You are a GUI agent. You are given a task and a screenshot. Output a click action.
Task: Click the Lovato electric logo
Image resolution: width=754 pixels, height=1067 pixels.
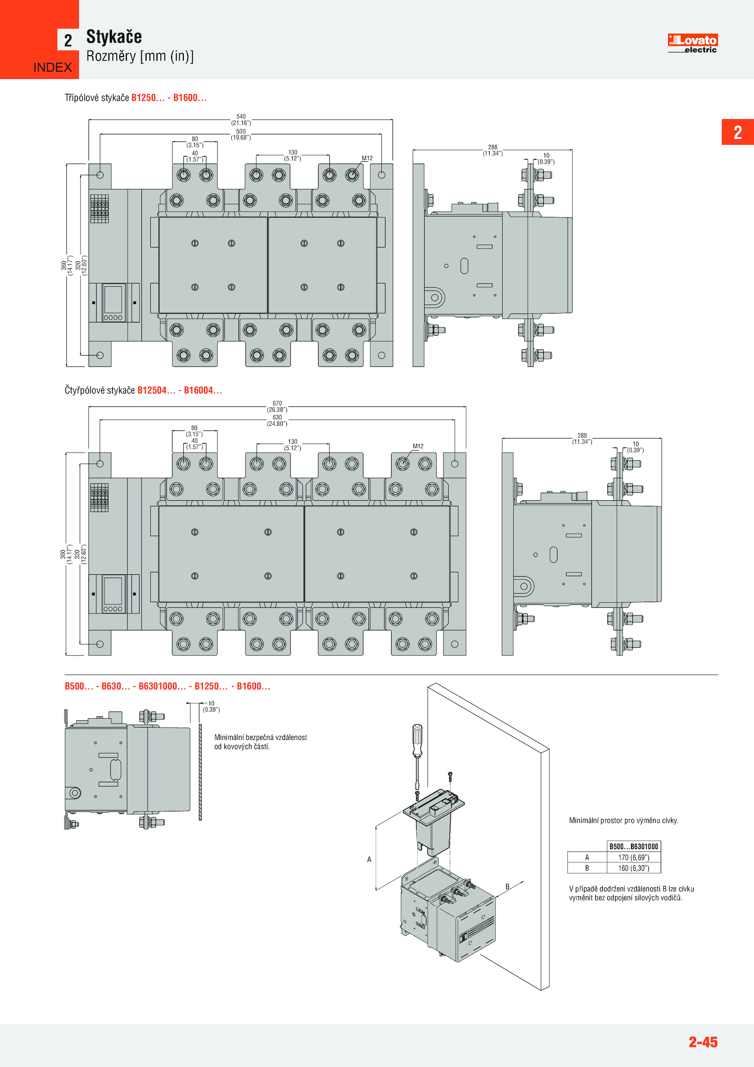coord(692,43)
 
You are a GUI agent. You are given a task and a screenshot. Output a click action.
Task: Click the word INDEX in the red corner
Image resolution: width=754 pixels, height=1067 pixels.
coord(52,67)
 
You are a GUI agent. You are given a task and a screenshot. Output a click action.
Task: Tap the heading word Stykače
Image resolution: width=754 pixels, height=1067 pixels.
coord(114,37)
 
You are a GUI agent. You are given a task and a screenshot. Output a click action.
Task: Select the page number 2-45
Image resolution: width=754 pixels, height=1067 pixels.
coord(703,1042)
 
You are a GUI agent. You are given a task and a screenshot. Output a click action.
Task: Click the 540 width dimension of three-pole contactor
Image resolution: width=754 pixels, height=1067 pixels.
coord(241,116)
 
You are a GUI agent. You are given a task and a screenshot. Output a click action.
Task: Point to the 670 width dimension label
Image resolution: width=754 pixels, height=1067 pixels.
coord(277,404)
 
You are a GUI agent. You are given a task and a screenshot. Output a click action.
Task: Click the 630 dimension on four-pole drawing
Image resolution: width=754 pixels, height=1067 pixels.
coord(277,417)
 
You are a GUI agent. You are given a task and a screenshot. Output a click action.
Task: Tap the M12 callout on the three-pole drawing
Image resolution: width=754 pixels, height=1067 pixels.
coord(367,158)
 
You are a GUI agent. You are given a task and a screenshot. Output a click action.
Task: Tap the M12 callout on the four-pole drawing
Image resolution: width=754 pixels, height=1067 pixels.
coord(418,446)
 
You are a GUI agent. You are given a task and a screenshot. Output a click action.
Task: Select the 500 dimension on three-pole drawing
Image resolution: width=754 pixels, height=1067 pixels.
coord(241,132)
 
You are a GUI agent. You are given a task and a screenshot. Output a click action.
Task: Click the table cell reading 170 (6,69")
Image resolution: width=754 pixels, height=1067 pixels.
coord(633,858)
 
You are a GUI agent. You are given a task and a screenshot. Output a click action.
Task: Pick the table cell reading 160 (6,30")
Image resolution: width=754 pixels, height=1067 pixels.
coord(633,868)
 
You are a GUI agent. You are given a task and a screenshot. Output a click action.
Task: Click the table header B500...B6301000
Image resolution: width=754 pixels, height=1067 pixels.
coord(633,847)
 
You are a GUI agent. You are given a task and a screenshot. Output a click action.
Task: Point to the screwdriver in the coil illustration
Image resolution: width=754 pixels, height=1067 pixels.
coord(417,750)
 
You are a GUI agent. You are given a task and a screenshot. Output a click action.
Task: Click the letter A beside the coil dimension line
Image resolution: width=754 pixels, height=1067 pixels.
coord(369,860)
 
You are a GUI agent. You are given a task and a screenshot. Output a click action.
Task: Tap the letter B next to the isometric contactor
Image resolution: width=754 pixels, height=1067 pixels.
coord(507,886)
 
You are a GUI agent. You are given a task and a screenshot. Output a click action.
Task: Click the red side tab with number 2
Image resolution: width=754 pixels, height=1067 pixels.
coord(738,132)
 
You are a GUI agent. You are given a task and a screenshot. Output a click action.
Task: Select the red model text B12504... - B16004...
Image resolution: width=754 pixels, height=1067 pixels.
coord(179,390)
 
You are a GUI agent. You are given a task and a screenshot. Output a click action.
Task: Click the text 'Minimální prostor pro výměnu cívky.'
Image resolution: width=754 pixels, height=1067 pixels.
coord(623,820)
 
